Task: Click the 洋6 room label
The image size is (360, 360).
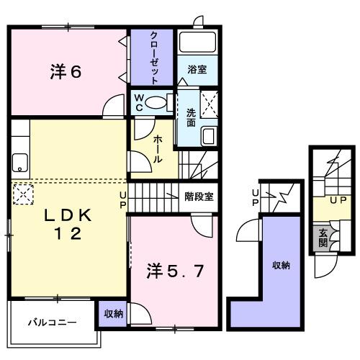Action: (x=66, y=72)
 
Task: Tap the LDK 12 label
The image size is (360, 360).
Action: (x=68, y=224)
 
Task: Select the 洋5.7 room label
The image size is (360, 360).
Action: (x=175, y=271)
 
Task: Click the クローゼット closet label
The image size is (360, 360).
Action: (x=154, y=58)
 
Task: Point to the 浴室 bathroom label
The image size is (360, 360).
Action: (x=197, y=70)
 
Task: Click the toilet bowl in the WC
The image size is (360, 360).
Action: (x=156, y=103)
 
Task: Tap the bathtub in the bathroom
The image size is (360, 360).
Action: (x=197, y=42)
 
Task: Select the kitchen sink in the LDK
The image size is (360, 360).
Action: (x=20, y=163)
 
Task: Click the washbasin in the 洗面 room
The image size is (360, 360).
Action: (x=209, y=136)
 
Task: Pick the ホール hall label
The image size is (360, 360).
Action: (x=158, y=149)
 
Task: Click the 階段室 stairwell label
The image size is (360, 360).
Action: (x=199, y=197)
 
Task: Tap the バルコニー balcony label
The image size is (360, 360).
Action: (x=53, y=322)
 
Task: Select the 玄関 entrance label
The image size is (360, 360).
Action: (x=323, y=238)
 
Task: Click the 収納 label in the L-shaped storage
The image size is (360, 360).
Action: (x=281, y=265)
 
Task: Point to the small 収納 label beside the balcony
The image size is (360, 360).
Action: (x=114, y=314)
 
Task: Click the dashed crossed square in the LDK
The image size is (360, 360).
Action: (x=23, y=194)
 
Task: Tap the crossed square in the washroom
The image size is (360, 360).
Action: (x=209, y=104)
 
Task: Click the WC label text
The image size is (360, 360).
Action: (x=139, y=103)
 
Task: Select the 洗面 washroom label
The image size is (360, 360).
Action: (x=192, y=117)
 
